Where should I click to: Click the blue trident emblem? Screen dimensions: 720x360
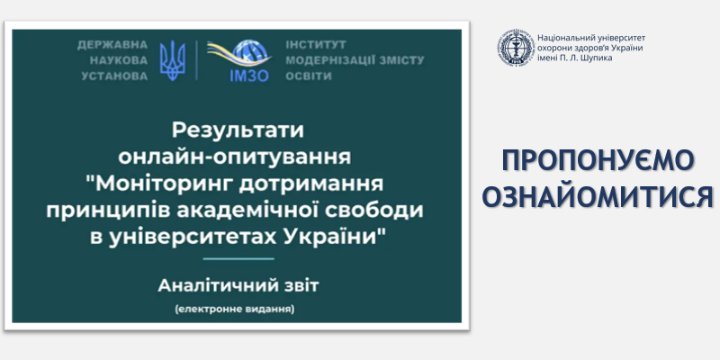(x=172, y=60)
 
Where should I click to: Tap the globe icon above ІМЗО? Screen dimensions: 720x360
(x=250, y=53)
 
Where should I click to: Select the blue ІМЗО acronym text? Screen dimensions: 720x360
(x=249, y=76)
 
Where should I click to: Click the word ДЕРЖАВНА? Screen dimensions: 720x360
(x=112, y=45)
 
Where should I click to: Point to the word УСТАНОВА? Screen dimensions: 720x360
(x=115, y=76)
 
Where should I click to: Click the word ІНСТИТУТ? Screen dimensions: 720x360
(x=316, y=45)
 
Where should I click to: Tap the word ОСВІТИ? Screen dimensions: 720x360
(x=309, y=76)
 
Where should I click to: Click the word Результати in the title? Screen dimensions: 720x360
(x=238, y=130)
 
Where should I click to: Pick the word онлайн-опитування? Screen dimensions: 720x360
(x=235, y=157)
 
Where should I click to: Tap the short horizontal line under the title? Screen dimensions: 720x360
(x=238, y=259)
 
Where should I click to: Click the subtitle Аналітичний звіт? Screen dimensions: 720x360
(x=238, y=286)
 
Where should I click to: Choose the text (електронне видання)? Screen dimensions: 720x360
(x=235, y=310)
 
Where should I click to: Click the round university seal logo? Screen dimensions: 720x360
(x=516, y=48)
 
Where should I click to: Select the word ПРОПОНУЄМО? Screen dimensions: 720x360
(x=598, y=161)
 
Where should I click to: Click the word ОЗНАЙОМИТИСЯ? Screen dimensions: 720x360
(x=598, y=196)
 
